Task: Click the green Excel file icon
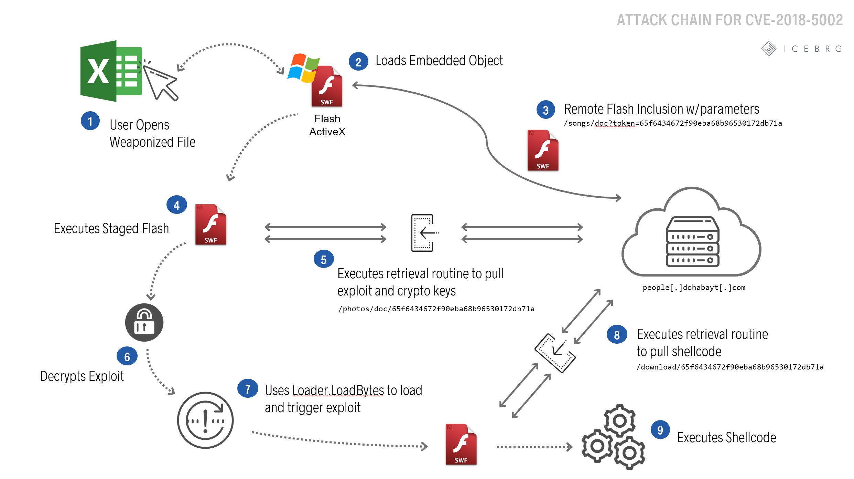(x=111, y=71)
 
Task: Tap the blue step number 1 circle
(x=90, y=121)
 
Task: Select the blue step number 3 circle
(x=545, y=110)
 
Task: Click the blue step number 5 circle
(x=324, y=259)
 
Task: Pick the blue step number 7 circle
(x=248, y=389)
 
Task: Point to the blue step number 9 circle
(x=660, y=430)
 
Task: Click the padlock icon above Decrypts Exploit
(x=144, y=322)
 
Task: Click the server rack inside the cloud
(x=692, y=242)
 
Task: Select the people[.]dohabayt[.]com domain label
(x=694, y=288)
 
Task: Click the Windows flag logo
(x=303, y=68)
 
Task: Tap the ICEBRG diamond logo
(x=769, y=49)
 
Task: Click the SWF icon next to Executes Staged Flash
(x=210, y=225)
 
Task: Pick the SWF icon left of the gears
(x=461, y=444)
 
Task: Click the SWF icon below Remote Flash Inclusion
(x=543, y=150)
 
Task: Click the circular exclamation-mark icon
(x=205, y=420)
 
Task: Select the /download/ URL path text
(x=730, y=367)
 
